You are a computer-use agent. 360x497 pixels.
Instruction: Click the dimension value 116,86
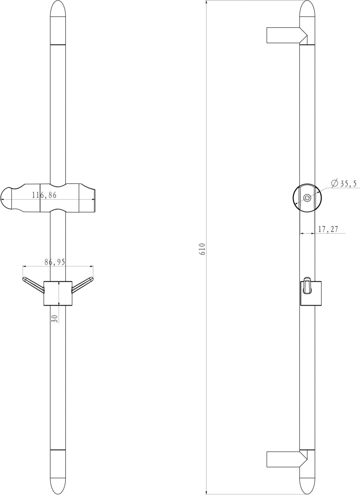click(x=44, y=195)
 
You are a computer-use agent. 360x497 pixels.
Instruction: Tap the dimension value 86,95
click(x=55, y=262)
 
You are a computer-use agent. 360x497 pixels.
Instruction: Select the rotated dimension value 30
click(x=55, y=319)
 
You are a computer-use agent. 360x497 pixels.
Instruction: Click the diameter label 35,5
click(x=348, y=184)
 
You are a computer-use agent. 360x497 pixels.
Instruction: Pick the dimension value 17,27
click(x=328, y=229)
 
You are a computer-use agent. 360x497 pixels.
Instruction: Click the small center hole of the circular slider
click(x=307, y=198)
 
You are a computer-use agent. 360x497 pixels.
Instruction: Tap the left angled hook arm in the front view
click(x=33, y=284)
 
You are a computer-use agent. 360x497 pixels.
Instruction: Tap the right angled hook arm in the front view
click(x=82, y=284)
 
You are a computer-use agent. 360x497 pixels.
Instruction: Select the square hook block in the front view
click(x=58, y=293)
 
